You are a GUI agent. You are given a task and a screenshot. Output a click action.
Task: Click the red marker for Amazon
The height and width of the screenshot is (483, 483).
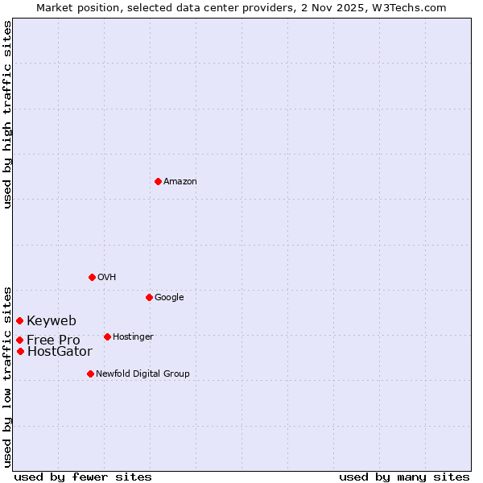158,181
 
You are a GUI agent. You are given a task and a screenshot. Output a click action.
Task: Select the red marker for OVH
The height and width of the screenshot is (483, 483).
92,277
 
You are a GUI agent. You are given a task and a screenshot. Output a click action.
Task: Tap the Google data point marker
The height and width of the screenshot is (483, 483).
149,297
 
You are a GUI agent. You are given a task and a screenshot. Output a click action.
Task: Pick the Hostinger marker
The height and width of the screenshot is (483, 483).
107,336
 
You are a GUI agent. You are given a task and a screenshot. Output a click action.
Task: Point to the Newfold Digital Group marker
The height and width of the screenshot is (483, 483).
90,374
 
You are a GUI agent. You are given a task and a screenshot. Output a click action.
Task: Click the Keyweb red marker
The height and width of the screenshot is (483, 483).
19,320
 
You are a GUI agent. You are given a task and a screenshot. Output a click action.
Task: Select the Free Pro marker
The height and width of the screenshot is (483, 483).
19,340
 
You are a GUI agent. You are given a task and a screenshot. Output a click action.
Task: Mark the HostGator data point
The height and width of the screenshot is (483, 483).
20,351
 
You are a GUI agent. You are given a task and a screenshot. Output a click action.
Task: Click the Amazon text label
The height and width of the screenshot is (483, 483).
180,182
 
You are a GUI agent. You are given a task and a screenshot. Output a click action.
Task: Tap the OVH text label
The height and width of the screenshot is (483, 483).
107,278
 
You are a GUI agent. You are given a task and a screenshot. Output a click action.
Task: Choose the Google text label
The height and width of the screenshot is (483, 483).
169,298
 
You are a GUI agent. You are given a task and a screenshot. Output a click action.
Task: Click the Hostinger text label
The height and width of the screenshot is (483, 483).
133,337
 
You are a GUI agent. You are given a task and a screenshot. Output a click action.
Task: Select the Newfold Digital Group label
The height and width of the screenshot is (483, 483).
142,374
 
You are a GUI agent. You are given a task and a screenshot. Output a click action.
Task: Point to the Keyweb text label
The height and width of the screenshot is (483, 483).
52,321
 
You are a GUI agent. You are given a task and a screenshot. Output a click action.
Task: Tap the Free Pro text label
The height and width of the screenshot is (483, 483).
53,341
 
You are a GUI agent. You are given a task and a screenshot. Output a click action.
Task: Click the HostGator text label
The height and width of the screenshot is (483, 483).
60,352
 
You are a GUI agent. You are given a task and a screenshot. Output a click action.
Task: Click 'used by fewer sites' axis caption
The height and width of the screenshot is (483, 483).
83,477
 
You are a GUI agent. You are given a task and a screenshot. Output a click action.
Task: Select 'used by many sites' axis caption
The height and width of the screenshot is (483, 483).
404,477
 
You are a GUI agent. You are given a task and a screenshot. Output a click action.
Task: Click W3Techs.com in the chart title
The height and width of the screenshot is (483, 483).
409,7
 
